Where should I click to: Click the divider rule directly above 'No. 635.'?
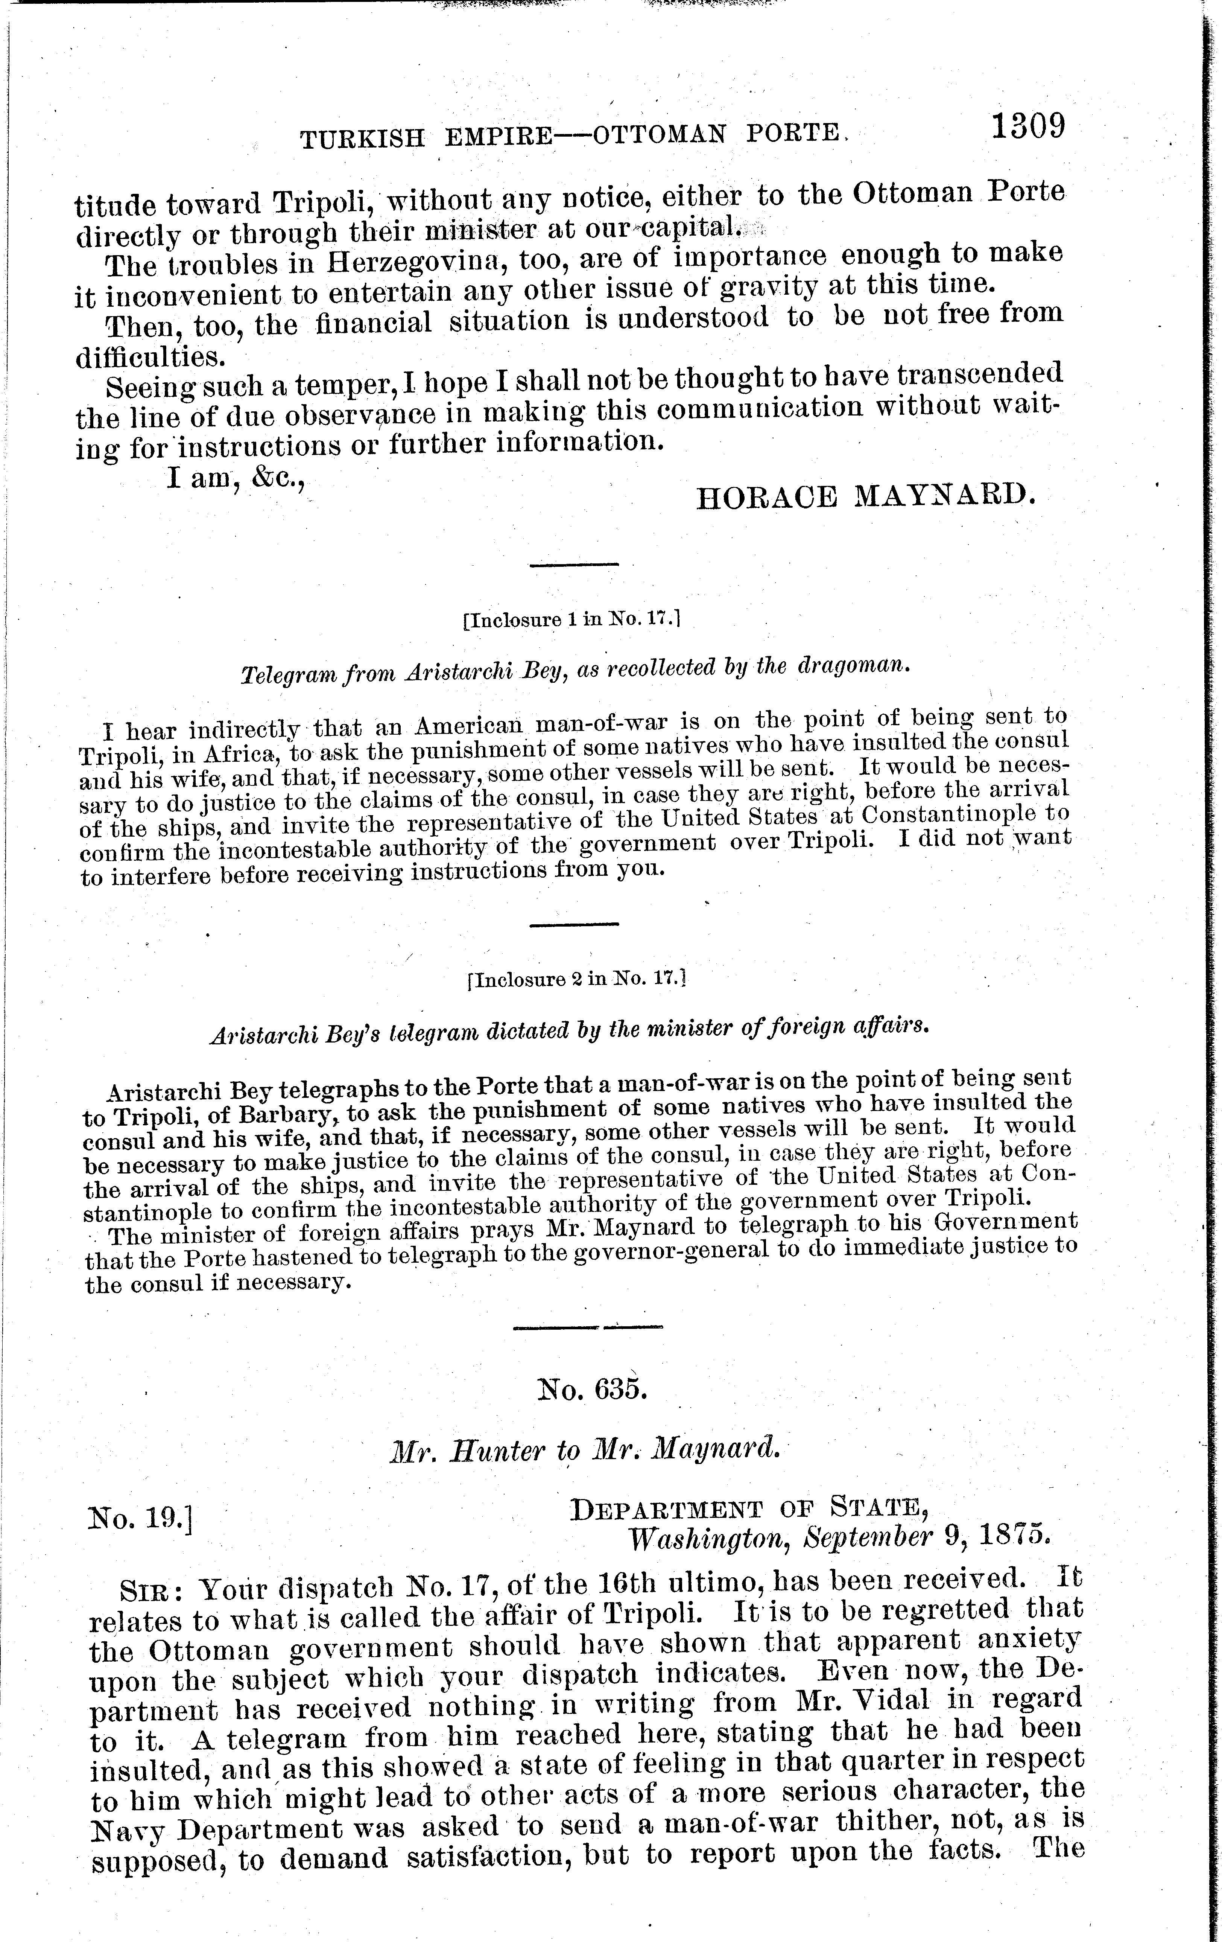pos(588,1325)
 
